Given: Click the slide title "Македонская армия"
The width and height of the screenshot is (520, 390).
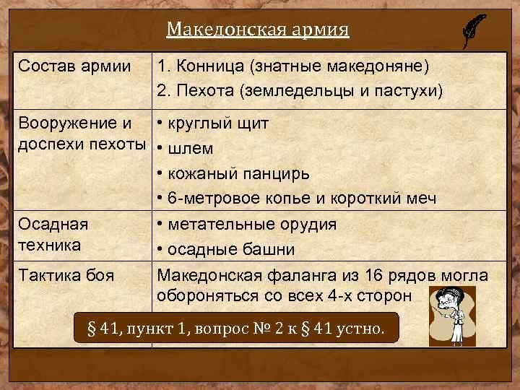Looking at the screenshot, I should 258,30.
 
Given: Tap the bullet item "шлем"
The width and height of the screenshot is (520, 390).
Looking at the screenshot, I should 189,149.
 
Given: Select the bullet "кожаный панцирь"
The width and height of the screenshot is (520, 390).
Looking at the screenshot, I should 238,174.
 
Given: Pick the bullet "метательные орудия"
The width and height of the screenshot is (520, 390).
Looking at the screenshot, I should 251,224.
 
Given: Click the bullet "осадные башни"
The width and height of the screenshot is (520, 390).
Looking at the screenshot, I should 230,250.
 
